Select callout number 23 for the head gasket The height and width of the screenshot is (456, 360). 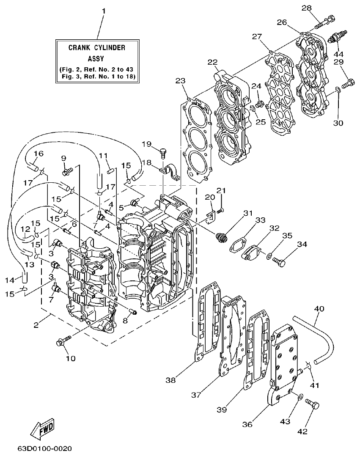tap(181, 80)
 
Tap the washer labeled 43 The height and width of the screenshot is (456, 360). tap(300, 396)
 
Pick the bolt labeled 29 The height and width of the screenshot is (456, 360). tap(347, 83)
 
